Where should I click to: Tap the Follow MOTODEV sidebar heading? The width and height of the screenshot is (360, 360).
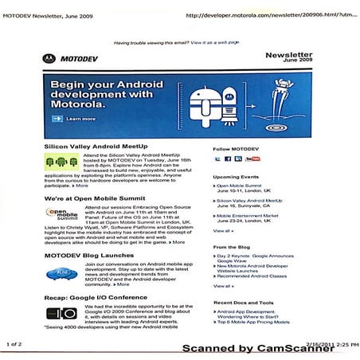(236, 149)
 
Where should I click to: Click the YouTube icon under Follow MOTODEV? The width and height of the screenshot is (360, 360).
(252, 159)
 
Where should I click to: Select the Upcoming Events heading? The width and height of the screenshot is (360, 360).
(237, 177)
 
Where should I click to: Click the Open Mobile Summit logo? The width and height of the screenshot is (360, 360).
(61, 213)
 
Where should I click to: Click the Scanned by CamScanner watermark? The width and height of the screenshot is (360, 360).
(256, 348)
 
